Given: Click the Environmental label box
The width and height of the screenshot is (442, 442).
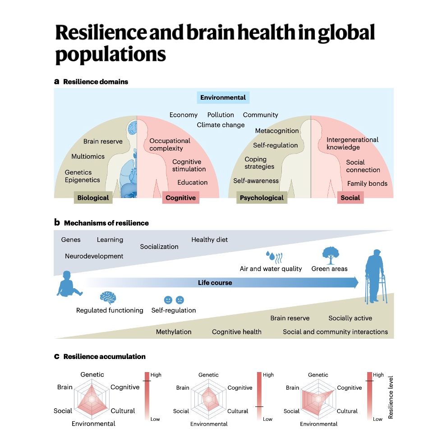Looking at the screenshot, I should click(x=223, y=97).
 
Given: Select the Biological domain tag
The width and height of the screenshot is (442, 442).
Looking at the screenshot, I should click(x=93, y=198).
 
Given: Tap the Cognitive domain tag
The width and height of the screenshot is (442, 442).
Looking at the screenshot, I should click(x=180, y=198).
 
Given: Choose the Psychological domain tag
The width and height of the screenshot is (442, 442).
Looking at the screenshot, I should click(x=262, y=198).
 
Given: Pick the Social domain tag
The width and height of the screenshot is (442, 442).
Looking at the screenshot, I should click(x=350, y=198).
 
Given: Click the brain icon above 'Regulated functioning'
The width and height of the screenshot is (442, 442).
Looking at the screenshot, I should click(x=108, y=297).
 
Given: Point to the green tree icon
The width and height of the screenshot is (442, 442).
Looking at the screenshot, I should click(x=331, y=255).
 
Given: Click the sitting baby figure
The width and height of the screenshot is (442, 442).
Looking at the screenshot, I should click(x=68, y=284).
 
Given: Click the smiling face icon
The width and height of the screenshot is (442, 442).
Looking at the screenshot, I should click(x=168, y=299).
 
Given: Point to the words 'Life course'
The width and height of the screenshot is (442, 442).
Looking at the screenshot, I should click(x=215, y=283).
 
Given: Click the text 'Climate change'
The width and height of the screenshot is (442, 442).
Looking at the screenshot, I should click(x=221, y=125).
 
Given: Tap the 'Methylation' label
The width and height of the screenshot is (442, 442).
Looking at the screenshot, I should click(x=174, y=332).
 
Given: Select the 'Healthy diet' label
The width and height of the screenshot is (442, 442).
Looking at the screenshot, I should click(x=210, y=239).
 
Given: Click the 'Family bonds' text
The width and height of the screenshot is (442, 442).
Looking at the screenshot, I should click(x=367, y=184).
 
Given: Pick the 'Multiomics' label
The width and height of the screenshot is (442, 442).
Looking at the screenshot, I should click(x=88, y=157).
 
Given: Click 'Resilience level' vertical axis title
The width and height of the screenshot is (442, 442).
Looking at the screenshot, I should click(x=391, y=396).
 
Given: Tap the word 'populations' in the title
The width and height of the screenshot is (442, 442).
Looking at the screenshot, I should click(x=110, y=55).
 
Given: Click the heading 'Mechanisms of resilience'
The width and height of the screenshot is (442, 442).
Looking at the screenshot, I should click(x=106, y=223).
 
